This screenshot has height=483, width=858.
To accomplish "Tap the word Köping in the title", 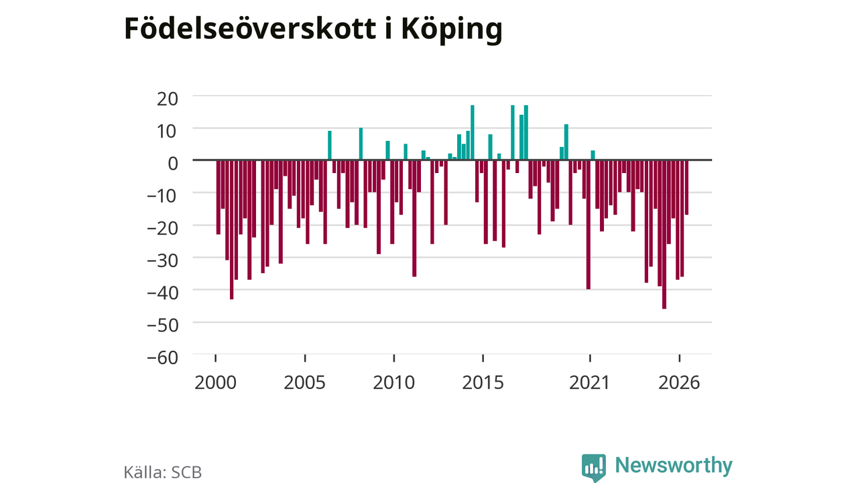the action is (x=452, y=31).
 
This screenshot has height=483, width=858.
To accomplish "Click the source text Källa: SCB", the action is (x=163, y=472).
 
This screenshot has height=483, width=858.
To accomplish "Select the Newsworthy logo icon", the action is (x=594, y=468).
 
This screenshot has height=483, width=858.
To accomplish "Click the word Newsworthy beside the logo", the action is (x=674, y=466).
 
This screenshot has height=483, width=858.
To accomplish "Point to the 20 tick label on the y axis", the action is (x=168, y=99).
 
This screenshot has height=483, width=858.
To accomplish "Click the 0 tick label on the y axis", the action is (x=173, y=164).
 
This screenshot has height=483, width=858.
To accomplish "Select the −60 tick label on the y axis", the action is (x=163, y=358).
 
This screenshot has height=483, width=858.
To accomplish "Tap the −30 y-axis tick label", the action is (x=163, y=261).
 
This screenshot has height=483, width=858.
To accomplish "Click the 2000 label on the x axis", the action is (x=215, y=382).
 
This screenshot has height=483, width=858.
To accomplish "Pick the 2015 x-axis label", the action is (x=483, y=382).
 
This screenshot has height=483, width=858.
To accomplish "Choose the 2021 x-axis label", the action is (x=589, y=382).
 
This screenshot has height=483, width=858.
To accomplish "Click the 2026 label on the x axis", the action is (x=679, y=382).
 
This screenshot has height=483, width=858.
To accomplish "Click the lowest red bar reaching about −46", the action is (x=664, y=234).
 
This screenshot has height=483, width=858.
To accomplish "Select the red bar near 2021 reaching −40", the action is (x=589, y=225).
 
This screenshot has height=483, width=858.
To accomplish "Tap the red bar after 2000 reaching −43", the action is (x=232, y=229).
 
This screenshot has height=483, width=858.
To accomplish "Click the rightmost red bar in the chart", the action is (x=687, y=187).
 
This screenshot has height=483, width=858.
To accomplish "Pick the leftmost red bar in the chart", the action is (x=219, y=197).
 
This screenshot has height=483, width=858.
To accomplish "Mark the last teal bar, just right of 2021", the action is (x=593, y=155).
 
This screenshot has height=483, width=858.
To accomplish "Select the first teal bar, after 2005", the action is (x=329, y=146).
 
